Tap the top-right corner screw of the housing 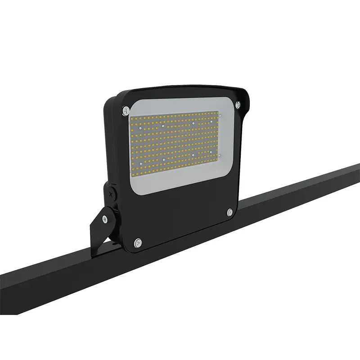237,105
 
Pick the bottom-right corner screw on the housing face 230,211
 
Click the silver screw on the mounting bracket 105,219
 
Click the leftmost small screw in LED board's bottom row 140,164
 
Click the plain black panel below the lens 184,211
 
